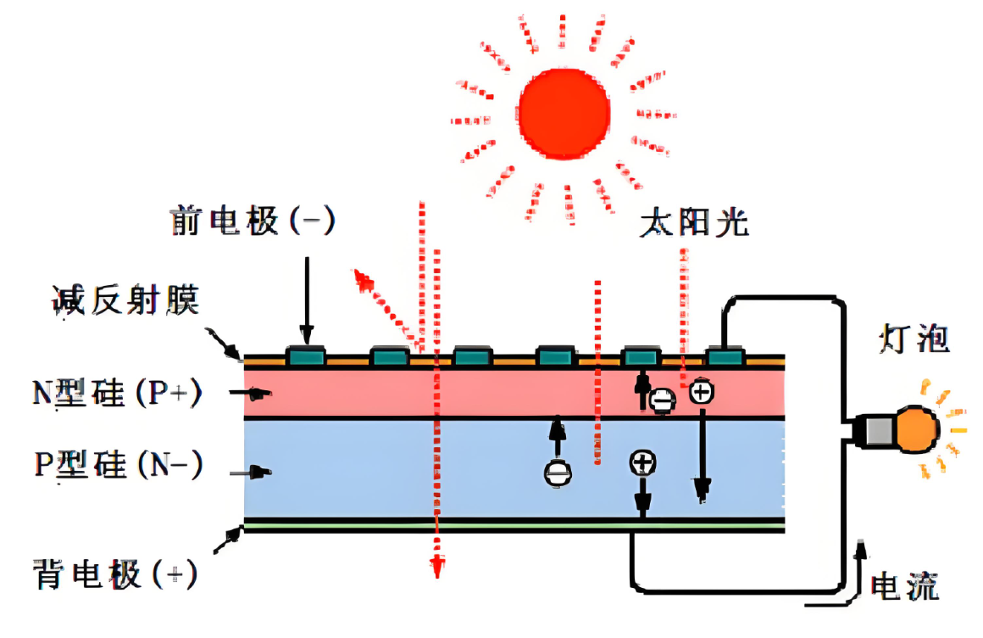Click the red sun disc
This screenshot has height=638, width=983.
point(564,112)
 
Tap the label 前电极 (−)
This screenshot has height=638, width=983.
point(253,221)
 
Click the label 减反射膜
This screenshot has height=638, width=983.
point(125,299)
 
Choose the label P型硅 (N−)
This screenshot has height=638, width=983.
point(118,466)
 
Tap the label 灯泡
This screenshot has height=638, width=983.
point(914,339)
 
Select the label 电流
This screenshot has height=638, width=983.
point(905,585)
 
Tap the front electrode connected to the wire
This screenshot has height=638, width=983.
point(725,357)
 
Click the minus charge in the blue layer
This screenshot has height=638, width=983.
point(557,472)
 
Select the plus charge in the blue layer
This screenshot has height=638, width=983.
point(642,463)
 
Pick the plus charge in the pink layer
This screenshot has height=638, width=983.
point(701,392)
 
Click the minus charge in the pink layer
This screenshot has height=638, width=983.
point(663,400)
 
